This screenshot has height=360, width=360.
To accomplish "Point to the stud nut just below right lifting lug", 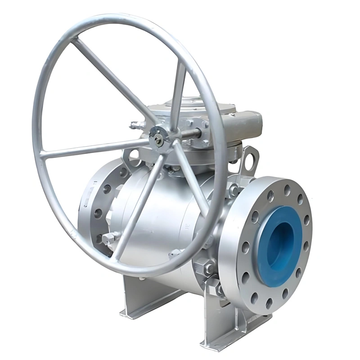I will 234,189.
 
